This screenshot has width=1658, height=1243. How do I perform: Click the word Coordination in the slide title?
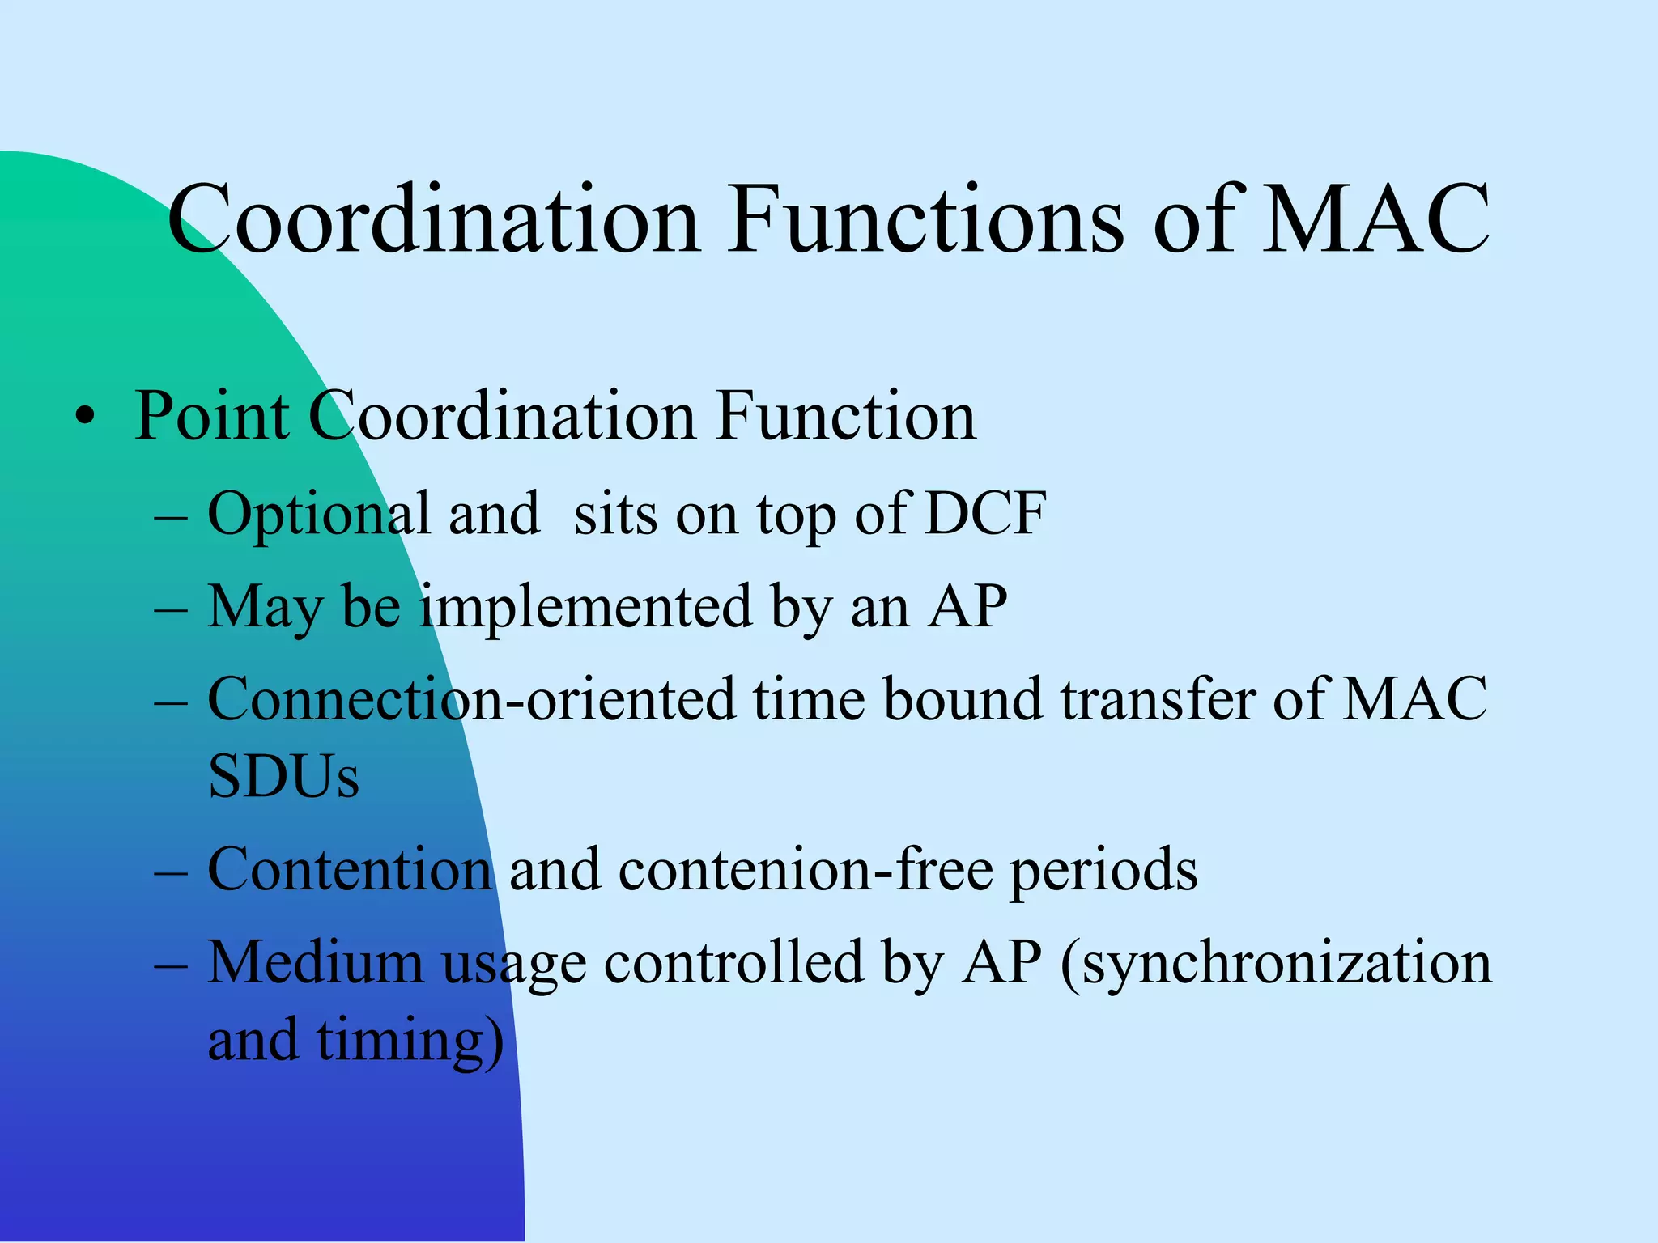click(x=433, y=220)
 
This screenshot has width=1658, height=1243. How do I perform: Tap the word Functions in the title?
click(x=926, y=220)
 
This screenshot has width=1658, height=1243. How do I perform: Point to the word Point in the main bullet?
click(x=212, y=417)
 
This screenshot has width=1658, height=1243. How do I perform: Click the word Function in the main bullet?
click(x=846, y=417)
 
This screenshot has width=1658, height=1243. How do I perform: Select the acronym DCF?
click(x=985, y=514)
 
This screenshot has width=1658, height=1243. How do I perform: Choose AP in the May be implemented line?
click(x=967, y=607)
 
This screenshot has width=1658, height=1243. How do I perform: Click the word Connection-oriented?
click(x=472, y=700)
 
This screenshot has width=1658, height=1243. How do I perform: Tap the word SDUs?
click(x=283, y=777)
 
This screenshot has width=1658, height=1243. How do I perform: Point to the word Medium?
click(x=316, y=963)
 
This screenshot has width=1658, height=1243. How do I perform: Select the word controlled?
click(x=734, y=963)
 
